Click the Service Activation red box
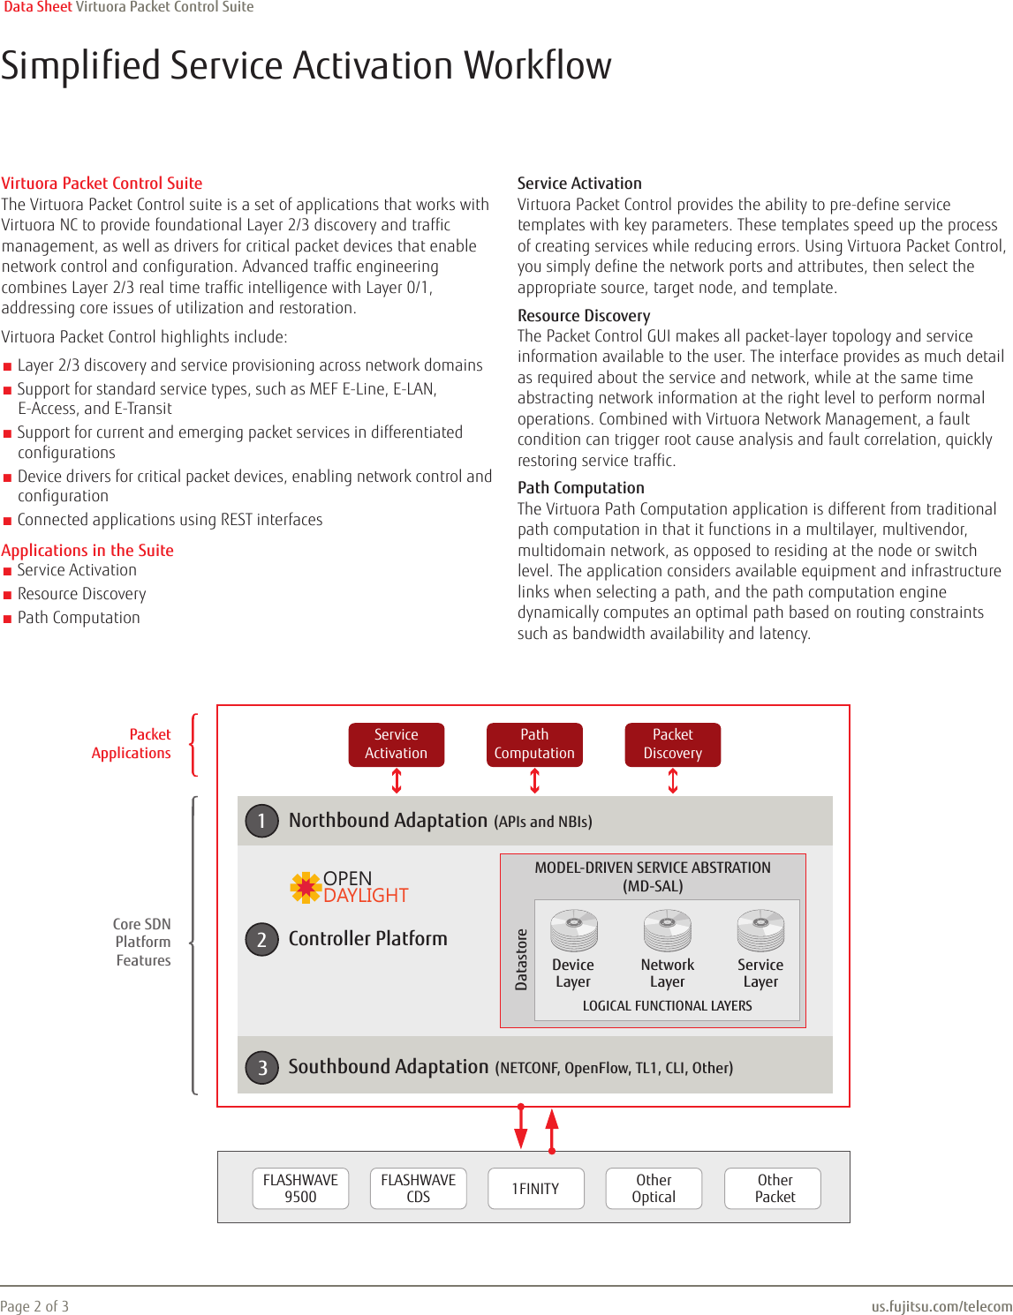(x=396, y=744)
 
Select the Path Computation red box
(x=534, y=744)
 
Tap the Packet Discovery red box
(x=672, y=744)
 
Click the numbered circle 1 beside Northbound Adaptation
(x=261, y=821)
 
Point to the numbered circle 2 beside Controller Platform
(x=261, y=939)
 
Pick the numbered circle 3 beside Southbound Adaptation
(x=261, y=1068)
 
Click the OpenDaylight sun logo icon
(x=306, y=887)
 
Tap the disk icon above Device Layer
(x=574, y=930)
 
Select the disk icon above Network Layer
(x=668, y=930)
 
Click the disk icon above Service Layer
(x=760, y=930)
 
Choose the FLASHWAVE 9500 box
(x=300, y=1188)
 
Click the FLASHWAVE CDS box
(x=419, y=1188)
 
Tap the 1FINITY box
(x=535, y=1188)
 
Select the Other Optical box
(x=654, y=1188)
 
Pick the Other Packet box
(x=774, y=1188)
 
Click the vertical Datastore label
(x=521, y=959)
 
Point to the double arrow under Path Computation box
(x=534, y=780)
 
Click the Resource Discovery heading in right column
(x=584, y=315)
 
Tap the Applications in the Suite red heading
(x=87, y=550)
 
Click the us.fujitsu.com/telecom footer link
(x=941, y=1306)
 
